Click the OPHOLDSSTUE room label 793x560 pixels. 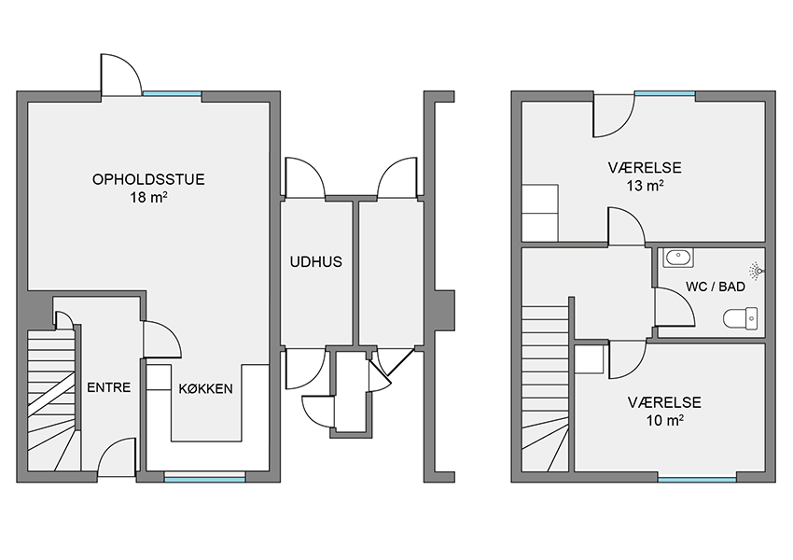(x=148, y=179)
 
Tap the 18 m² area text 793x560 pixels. (x=148, y=197)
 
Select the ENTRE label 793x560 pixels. (x=109, y=387)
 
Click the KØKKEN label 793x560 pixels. (x=206, y=388)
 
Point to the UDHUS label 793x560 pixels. (x=316, y=261)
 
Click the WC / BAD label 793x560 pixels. (x=716, y=287)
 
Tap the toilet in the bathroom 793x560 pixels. (x=741, y=318)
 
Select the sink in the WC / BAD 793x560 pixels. (x=678, y=258)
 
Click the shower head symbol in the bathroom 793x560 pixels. (x=757, y=271)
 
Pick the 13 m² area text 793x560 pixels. (x=646, y=186)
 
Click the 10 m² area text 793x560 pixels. (x=665, y=420)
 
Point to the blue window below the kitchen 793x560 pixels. (x=205, y=477)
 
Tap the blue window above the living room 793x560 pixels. (x=172, y=93)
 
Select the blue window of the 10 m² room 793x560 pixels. (x=697, y=478)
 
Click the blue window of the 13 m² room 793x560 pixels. (x=664, y=93)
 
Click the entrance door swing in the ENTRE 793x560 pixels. (x=117, y=456)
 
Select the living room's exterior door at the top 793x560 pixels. (x=121, y=75)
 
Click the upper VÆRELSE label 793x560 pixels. (x=645, y=167)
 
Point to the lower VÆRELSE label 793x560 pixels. (x=664, y=402)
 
